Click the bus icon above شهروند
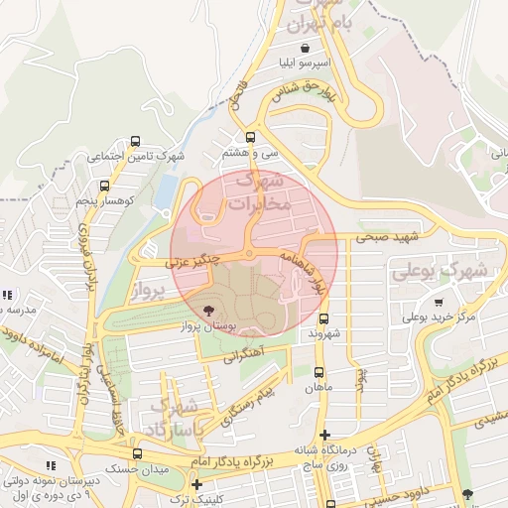[x=324, y=318]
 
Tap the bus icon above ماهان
[x=318, y=372]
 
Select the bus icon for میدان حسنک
[x=137, y=453]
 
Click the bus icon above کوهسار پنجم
[x=104, y=186]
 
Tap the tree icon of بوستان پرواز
[x=207, y=311]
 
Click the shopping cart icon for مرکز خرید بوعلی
[x=438, y=303]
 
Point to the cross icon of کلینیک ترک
[x=196, y=485]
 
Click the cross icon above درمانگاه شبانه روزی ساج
[x=324, y=434]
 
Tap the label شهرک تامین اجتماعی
[x=135, y=156]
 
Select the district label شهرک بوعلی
[x=439, y=270]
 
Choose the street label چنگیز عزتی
[x=192, y=261]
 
